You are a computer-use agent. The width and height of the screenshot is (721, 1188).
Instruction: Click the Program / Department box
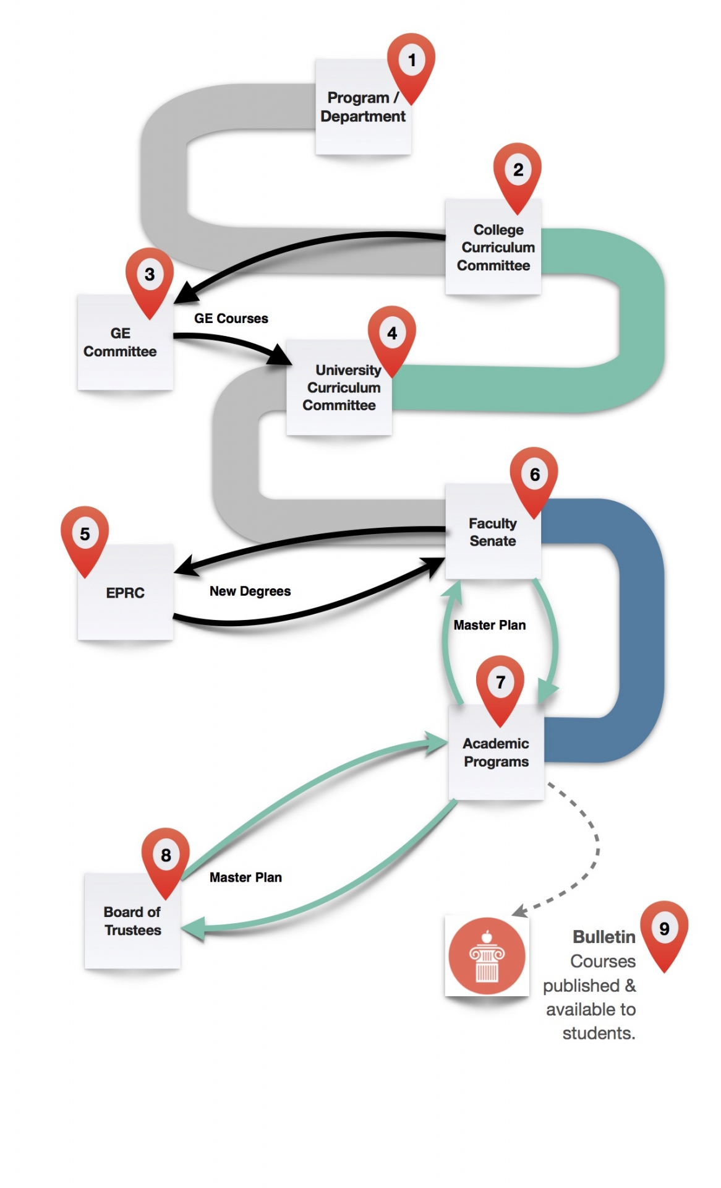[x=363, y=108]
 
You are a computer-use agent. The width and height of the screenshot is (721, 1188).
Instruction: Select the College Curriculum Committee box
[x=493, y=247]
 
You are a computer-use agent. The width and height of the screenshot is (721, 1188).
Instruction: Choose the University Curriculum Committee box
[x=339, y=388]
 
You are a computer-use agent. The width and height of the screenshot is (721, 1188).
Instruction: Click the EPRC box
[x=125, y=593]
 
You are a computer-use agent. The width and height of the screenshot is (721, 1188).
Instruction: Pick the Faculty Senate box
[x=493, y=532]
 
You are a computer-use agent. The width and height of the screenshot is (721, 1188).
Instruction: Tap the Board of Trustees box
[x=132, y=921]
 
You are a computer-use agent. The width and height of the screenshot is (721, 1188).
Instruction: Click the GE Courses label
[x=231, y=319]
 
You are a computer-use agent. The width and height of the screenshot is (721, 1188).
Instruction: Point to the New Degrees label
[x=250, y=592]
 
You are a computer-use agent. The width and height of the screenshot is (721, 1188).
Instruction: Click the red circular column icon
[x=487, y=956]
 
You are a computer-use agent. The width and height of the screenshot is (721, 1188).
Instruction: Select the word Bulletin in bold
[x=604, y=937]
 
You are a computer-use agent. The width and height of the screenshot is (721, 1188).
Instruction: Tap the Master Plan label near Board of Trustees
[x=245, y=877]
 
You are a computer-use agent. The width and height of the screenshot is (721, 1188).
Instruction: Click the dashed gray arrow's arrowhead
[x=519, y=911]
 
